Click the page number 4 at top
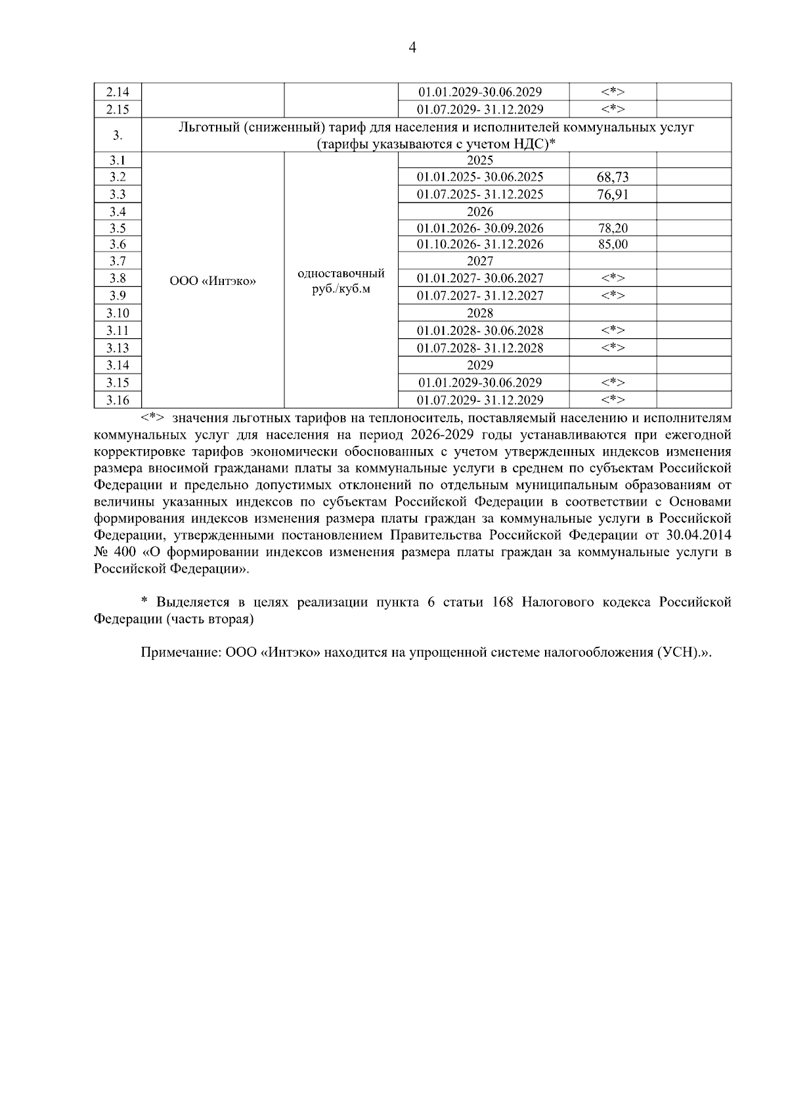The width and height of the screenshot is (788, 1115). coord(412,47)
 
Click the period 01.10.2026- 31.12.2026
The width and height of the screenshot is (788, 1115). coord(480,244)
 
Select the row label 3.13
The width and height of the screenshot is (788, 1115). coord(118,348)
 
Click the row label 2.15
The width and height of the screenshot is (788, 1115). coord(118,109)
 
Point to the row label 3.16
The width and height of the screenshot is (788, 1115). coord(118,400)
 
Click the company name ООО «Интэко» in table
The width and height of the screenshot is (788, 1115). coord(213,281)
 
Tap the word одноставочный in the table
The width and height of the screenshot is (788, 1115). coord(341,273)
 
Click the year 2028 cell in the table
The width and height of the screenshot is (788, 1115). coord(480,313)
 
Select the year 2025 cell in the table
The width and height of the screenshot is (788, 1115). coord(480,160)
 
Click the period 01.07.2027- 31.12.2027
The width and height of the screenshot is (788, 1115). coord(480,295)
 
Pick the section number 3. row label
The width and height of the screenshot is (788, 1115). coord(118,135)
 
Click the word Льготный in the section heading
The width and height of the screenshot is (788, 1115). coord(206,127)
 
